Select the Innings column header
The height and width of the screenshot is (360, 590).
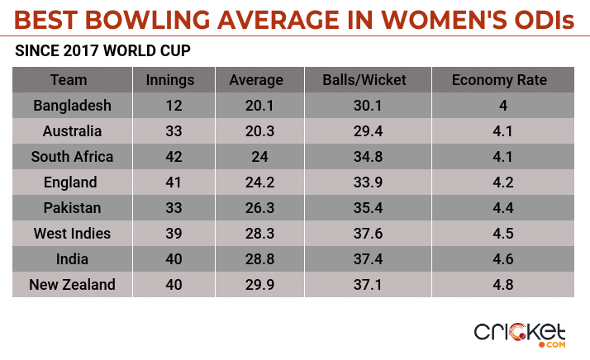point(169,80)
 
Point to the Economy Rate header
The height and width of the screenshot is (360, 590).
point(499,80)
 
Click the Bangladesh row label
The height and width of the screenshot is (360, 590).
point(73,106)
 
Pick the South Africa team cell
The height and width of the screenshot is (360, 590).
point(73,157)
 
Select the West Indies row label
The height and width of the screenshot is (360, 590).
point(73,234)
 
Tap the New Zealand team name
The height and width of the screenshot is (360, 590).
point(73,285)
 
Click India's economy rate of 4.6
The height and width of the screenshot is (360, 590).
point(502,259)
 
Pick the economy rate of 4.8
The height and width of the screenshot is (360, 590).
point(502,285)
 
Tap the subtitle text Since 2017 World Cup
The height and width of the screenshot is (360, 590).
point(103,51)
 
